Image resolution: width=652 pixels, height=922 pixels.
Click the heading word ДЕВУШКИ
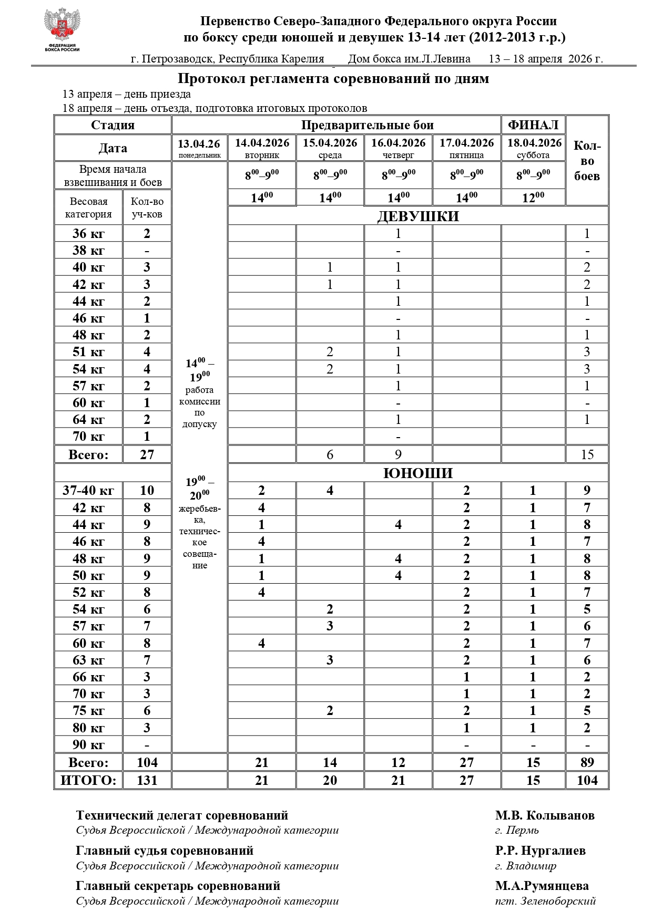(418, 216)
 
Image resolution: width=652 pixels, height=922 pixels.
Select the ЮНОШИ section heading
(418, 473)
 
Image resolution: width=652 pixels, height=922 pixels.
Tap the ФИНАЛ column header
(533, 125)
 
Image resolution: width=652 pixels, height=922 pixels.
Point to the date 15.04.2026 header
(330, 148)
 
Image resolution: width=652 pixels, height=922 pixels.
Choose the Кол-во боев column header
(587, 161)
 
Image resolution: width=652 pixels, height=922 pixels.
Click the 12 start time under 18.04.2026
(533, 198)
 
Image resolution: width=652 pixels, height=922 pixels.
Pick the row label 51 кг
(88, 352)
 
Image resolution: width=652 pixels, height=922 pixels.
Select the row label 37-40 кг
(88, 491)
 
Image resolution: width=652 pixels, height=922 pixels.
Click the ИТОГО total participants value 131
(147, 780)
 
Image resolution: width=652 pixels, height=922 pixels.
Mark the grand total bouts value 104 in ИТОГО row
(587, 780)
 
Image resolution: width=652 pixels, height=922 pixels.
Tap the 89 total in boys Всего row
(587, 762)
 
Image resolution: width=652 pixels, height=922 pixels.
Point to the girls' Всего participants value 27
(147, 454)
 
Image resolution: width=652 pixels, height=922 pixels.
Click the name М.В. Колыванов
(544, 815)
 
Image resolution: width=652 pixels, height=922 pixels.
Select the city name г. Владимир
(525, 865)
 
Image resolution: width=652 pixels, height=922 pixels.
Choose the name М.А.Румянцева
(542, 886)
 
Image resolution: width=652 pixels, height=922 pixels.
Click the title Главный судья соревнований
(165, 851)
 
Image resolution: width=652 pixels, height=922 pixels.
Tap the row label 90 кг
(88, 745)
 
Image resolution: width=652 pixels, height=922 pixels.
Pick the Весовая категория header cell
(88, 208)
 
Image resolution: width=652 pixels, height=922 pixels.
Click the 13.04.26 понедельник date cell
(199, 148)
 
